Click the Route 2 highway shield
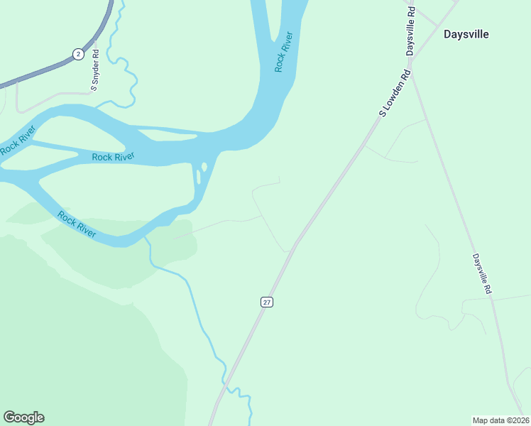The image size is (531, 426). (x=77, y=54)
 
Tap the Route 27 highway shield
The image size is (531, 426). (x=267, y=302)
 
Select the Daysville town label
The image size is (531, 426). (x=466, y=33)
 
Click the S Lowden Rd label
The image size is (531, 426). (x=395, y=93)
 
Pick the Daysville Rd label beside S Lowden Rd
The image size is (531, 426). (x=410, y=36)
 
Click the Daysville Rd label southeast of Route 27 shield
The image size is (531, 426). (x=481, y=275)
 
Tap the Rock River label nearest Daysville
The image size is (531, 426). (x=283, y=52)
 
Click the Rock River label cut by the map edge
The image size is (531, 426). (x=17, y=141)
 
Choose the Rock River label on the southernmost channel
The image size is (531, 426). (x=77, y=224)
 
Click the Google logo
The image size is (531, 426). (x=23, y=417)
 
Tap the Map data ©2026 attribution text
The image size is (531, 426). (x=500, y=420)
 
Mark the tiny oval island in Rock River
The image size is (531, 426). (x=204, y=168)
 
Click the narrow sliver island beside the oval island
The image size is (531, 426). (x=197, y=176)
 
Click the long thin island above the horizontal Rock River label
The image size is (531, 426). (x=163, y=133)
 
